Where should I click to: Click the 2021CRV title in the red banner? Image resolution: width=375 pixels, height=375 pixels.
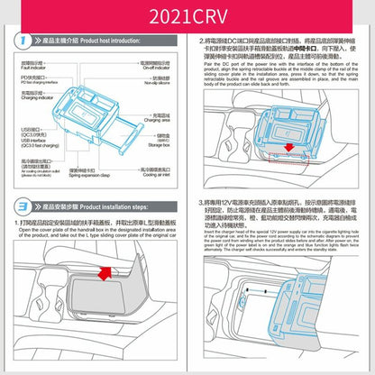pyautogui.click(x=187, y=15)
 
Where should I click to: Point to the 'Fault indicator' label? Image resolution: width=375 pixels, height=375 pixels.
pyautogui.click(x=33, y=67)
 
